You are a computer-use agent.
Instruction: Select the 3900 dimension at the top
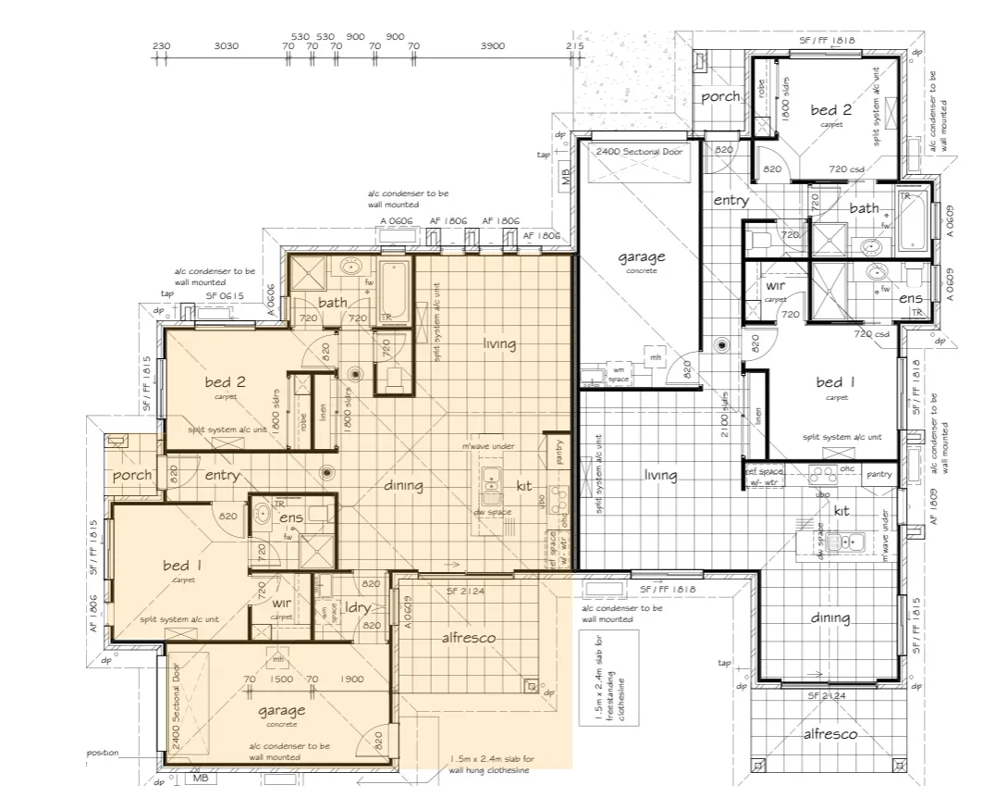coord(493,45)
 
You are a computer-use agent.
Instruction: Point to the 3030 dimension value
coord(226,45)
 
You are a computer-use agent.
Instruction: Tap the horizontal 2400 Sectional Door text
coord(639,151)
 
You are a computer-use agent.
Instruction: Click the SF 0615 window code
coord(220,296)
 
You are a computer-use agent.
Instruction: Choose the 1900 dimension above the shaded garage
coord(351,679)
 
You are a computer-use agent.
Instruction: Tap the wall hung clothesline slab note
coord(491,764)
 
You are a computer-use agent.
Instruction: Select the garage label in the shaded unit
coord(281,711)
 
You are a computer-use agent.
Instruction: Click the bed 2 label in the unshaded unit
coord(824,110)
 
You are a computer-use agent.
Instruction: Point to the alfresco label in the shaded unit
coord(468,638)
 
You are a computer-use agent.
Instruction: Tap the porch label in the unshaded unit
coord(719,96)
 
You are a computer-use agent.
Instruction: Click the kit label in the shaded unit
coord(523,485)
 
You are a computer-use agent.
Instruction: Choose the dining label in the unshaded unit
coord(830,618)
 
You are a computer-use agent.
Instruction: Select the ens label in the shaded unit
coord(291,517)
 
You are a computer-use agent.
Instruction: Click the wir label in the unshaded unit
coord(775,287)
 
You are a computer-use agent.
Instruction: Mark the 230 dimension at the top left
coord(161,45)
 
